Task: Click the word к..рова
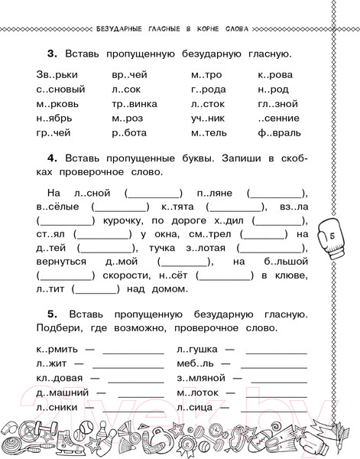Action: (276, 76)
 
